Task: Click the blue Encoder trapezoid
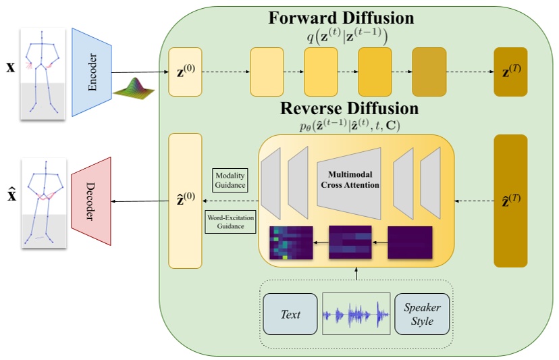pos(90,73)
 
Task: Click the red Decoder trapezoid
pos(90,201)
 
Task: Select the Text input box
pos(290,314)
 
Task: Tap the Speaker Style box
pos(422,314)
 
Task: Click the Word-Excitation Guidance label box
pos(230,222)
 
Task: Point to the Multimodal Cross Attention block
pos(350,180)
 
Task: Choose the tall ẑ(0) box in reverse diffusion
pos(185,200)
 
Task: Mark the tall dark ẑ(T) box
pos(510,200)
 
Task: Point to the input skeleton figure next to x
pos(43,73)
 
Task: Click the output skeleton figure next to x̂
pos(43,201)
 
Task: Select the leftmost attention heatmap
pos(291,244)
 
